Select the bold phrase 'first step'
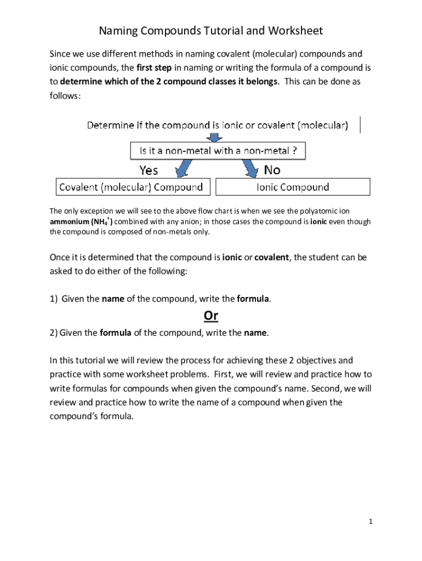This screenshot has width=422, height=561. click(155, 68)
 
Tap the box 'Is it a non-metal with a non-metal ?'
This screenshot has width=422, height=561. click(217, 151)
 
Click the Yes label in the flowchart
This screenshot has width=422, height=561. click(149, 170)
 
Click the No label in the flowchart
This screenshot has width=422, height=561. click(272, 170)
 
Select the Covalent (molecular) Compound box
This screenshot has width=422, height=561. click(131, 187)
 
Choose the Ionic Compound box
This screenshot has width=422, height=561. click(293, 187)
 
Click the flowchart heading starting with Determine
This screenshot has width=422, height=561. click(217, 125)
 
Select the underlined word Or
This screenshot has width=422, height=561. click(211, 316)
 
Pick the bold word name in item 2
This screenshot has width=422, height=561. click(256, 333)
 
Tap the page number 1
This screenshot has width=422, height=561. click(370, 522)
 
